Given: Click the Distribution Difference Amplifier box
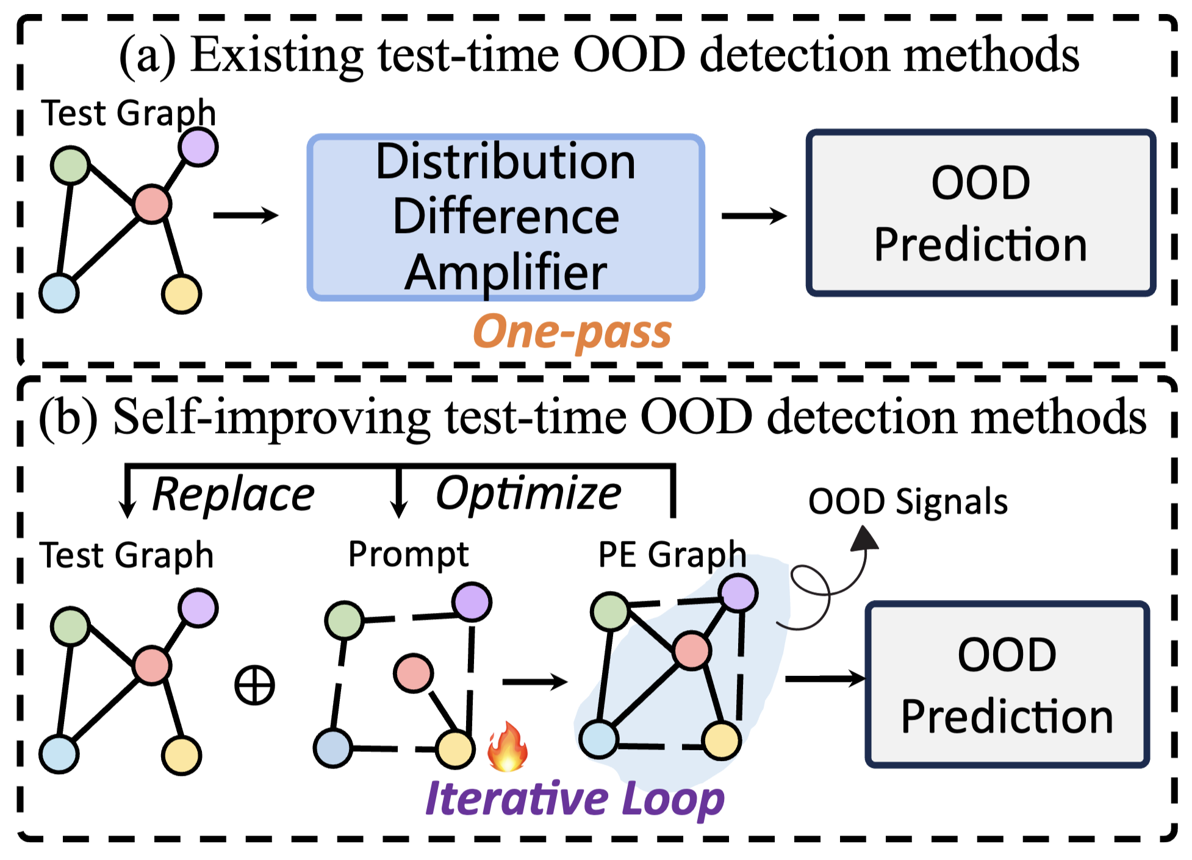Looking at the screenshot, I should pyautogui.click(x=505, y=217).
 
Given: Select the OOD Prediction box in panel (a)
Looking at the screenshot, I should pyautogui.click(x=980, y=213).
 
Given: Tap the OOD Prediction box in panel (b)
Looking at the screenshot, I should pyautogui.click(x=1007, y=684).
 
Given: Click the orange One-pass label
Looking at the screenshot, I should pyautogui.click(x=572, y=332).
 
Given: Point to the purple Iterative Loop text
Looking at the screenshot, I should pyautogui.click(x=575, y=799).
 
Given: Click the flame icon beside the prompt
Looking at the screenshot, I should pyautogui.click(x=507, y=747).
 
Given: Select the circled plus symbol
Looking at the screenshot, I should pyautogui.click(x=255, y=685).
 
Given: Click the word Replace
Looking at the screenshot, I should pyautogui.click(x=233, y=494).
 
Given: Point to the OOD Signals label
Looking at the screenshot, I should pyautogui.click(x=908, y=502).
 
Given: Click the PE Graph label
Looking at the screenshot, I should pyautogui.click(x=672, y=554).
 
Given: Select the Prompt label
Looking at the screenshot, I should pyautogui.click(x=408, y=554).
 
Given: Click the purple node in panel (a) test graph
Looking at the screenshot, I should pyautogui.click(x=198, y=147).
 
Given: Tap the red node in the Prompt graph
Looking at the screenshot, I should pyautogui.click(x=414, y=673).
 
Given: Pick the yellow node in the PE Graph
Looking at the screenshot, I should pyautogui.click(x=722, y=740).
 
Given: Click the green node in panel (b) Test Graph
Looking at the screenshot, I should pyautogui.click(x=71, y=626).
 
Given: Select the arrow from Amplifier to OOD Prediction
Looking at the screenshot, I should pyautogui.click(x=754, y=216).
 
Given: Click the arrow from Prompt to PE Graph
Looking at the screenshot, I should pyautogui.click(x=534, y=681).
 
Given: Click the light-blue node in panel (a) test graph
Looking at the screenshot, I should pyautogui.click(x=59, y=293).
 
